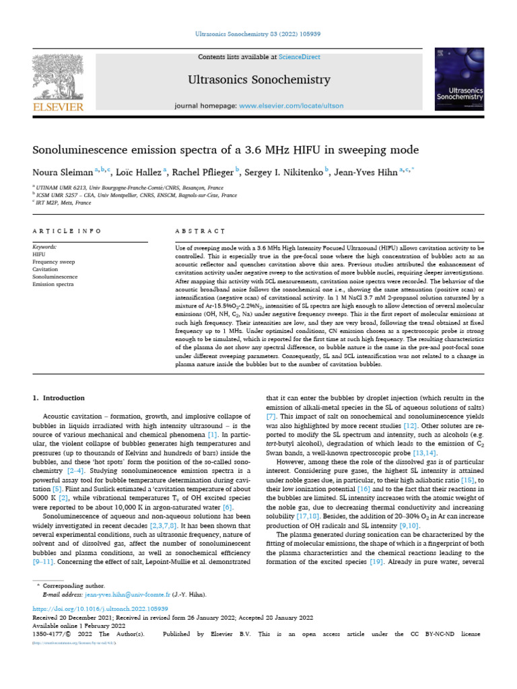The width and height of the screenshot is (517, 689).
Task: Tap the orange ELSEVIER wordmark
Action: pyautogui.click(x=59, y=107)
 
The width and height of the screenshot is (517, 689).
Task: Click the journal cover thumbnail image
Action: pyautogui.click(x=460, y=79)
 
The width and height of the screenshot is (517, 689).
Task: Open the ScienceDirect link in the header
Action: pyautogui.click(x=302, y=57)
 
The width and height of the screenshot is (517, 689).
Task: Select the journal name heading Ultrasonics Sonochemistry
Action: pyautogui.click(x=258, y=80)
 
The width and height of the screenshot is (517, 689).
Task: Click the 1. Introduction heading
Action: pyautogui.click(x=59, y=398)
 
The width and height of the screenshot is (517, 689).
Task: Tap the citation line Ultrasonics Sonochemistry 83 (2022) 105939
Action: pyautogui.click(x=258, y=33)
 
